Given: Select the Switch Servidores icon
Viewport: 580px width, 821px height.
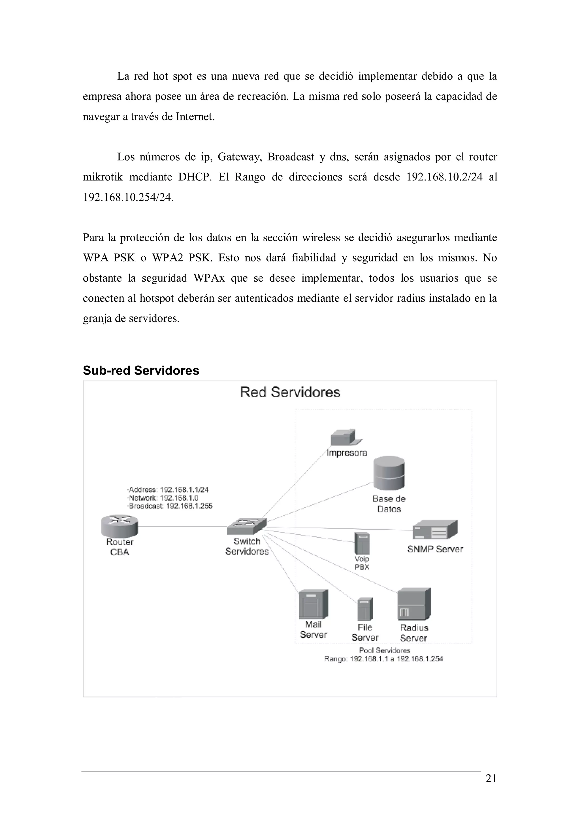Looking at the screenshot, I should (x=247, y=526).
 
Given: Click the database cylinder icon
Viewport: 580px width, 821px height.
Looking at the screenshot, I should (x=389, y=474).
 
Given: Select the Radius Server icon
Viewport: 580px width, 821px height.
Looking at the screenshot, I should (x=413, y=604).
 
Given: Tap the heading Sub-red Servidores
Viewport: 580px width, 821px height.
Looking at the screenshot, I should (x=141, y=371).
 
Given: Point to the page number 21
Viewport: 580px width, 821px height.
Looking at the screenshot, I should (x=491, y=788).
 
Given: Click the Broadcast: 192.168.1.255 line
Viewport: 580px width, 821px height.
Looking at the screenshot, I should (x=170, y=506).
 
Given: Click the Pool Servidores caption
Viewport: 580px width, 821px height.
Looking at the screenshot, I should (x=385, y=650).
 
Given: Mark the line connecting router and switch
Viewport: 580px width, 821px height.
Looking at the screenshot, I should (x=182, y=526).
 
